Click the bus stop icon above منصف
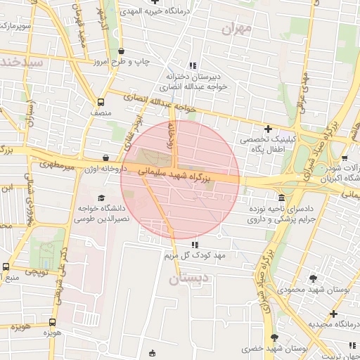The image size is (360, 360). (101, 101)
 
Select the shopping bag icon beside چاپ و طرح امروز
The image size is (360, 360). (122, 51)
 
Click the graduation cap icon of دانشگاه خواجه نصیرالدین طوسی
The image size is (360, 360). (101, 198)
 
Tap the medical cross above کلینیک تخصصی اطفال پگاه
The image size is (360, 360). (268, 129)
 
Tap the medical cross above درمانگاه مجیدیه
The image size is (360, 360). (333, 313)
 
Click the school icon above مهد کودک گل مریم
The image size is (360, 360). (193, 245)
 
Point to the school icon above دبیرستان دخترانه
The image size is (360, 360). (193, 65)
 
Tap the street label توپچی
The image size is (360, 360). (37, 271)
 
